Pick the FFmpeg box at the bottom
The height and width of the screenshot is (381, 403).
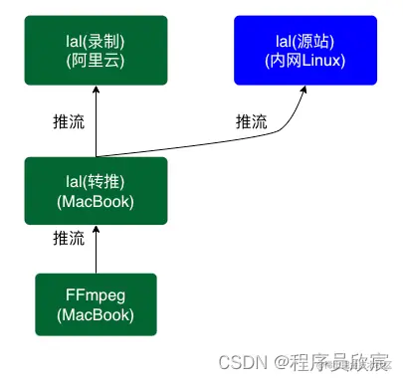pos(97,304)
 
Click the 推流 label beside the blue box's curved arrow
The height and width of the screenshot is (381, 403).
pos(251,122)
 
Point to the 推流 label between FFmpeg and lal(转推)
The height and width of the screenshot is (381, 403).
pos(69,239)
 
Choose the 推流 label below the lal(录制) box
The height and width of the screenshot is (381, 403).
pos(69,122)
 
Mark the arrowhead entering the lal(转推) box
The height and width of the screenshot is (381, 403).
pos(97,229)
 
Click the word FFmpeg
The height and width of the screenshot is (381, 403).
pos(97,295)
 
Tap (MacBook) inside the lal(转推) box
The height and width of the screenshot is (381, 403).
pos(97,204)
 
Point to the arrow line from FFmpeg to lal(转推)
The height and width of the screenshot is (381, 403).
pos(97,254)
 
